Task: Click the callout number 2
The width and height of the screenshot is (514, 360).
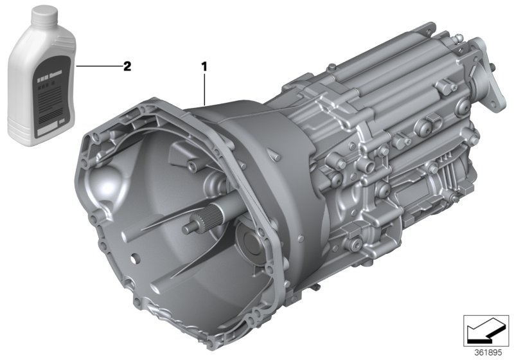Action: tap(127, 66)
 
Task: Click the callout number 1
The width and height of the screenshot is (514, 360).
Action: tap(204, 66)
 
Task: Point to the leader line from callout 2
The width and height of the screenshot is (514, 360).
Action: tap(96, 66)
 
